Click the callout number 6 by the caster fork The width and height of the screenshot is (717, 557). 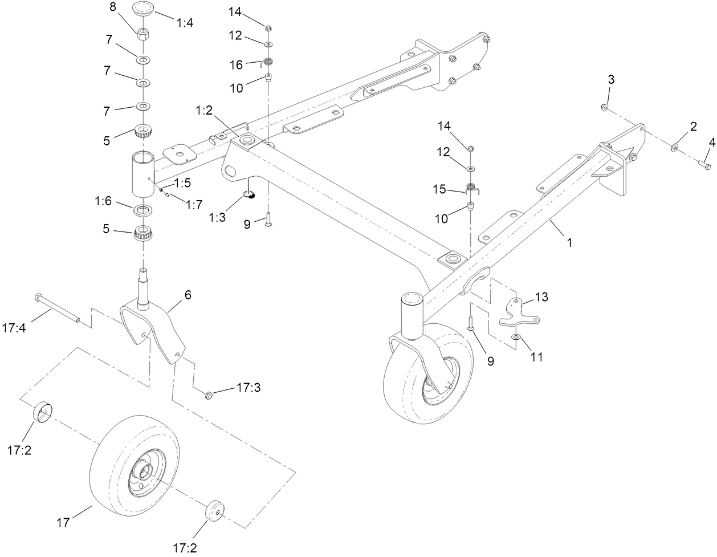click(188, 295)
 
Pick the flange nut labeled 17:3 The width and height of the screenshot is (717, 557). click(209, 395)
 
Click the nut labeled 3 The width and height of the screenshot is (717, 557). click(606, 107)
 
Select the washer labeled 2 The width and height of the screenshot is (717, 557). click(675, 147)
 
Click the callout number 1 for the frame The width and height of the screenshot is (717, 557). click(569, 242)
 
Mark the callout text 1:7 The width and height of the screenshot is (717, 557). click(194, 205)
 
